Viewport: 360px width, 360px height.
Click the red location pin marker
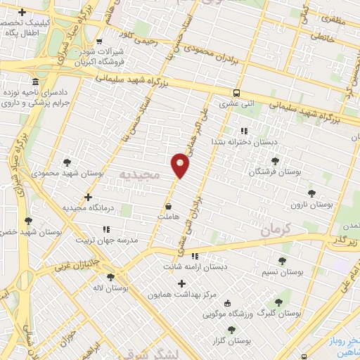point(181,165)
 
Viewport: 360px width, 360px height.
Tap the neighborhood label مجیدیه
point(139,174)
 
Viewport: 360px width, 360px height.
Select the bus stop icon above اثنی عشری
point(236,93)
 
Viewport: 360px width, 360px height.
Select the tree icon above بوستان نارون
point(311,191)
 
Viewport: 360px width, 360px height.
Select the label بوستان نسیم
point(282,271)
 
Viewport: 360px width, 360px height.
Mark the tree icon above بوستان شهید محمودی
point(67,161)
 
